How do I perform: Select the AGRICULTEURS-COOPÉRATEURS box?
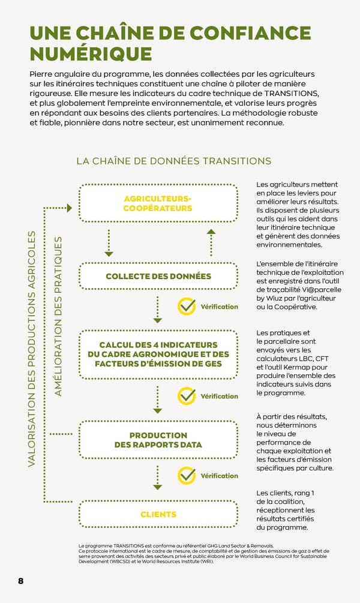click(x=158, y=203)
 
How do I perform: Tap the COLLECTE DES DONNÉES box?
click(x=158, y=277)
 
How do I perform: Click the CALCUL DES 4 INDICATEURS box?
click(x=158, y=354)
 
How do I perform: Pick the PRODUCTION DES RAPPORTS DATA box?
click(x=158, y=440)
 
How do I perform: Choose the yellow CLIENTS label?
click(x=158, y=514)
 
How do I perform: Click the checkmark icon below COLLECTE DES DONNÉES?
click(x=187, y=307)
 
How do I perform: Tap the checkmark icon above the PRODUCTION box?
click(x=187, y=396)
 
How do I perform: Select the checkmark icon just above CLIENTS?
click(x=187, y=476)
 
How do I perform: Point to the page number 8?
click(x=20, y=581)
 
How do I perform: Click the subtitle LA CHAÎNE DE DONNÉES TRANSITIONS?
click(x=173, y=161)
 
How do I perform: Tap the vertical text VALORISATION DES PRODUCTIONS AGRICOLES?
click(x=34, y=349)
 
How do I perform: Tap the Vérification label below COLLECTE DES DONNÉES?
click(x=219, y=307)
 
